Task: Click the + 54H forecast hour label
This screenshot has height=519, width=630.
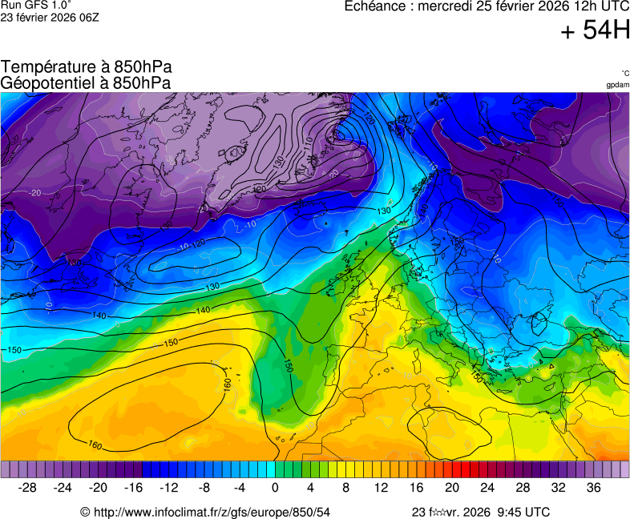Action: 595,31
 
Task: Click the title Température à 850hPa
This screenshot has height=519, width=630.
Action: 87,67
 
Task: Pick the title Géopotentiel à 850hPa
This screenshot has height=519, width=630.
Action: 86,82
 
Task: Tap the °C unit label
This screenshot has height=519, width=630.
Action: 624,74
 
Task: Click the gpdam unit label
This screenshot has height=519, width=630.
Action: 617,85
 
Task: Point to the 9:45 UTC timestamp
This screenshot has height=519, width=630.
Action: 525,512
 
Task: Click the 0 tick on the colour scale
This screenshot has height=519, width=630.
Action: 275,488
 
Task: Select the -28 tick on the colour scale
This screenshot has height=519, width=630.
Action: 28,488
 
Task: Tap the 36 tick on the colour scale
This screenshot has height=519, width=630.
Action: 593,488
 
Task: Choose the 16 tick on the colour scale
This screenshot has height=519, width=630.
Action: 417,488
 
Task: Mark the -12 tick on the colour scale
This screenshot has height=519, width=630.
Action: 169,488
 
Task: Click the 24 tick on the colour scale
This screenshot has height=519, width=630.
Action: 487,488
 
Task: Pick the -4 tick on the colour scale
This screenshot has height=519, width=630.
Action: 240,488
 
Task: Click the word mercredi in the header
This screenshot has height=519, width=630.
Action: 449,6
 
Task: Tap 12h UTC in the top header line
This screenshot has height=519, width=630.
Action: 599,6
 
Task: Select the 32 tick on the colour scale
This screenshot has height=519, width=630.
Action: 558,488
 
